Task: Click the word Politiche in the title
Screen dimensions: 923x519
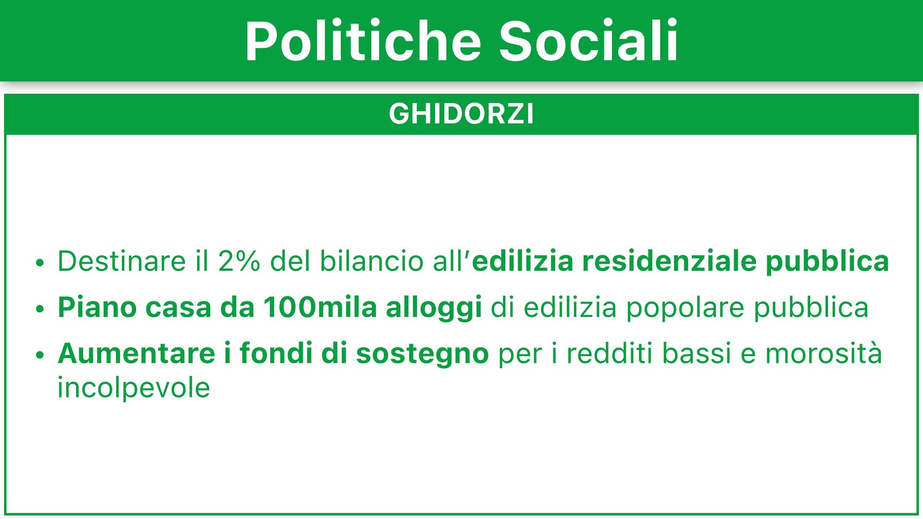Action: click(363, 41)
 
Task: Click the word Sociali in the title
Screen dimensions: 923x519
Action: click(588, 41)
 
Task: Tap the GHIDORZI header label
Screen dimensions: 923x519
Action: click(461, 114)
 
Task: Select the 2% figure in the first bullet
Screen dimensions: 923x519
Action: click(239, 261)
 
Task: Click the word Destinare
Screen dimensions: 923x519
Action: click(122, 261)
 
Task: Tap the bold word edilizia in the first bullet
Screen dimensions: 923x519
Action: click(523, 261)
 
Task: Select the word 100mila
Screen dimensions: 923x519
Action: click(320, 308)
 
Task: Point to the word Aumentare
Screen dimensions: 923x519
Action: click(137, 354)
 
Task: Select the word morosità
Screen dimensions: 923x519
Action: click(823, 354)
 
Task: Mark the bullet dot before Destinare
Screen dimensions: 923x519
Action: click(40, 263)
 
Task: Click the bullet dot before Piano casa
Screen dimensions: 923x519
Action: click(40, 309)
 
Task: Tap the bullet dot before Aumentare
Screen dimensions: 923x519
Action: click(40, 355)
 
